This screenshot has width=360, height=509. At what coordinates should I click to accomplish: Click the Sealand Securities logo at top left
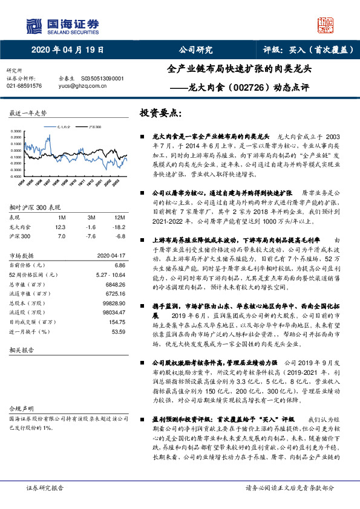[62, 25]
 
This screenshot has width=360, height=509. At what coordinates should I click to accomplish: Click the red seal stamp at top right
[326, 25]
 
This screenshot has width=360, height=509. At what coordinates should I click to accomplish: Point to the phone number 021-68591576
[24, 86]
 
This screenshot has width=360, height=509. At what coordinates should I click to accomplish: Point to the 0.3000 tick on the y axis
[18, 131]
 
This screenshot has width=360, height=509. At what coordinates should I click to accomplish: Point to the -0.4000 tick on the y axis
[18, 170]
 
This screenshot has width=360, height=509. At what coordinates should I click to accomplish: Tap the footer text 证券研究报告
[45, 487]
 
